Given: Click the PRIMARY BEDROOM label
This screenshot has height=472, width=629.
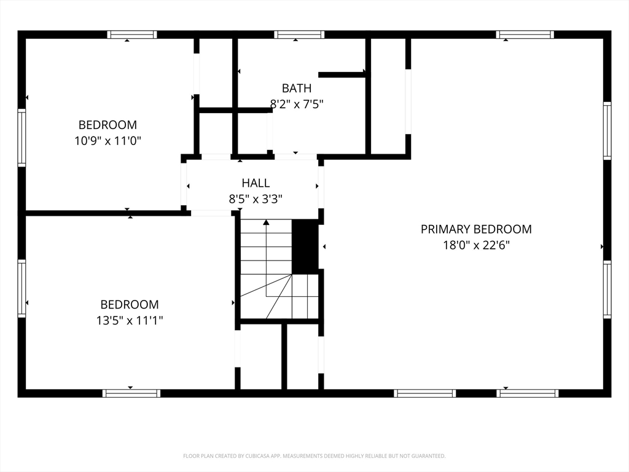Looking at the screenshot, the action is click(x=476, y=229).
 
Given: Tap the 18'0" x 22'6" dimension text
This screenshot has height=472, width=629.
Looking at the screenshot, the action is click(x=476, y=245).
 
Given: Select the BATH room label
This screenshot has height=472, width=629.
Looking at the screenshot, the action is click(x=297, y=88).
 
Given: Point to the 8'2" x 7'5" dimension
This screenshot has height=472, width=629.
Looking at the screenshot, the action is click(x=297, y=104).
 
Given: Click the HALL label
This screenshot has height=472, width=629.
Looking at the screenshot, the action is click(x=256, y=183).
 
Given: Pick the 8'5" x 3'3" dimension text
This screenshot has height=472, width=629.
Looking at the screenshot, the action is click(x=256, y=199).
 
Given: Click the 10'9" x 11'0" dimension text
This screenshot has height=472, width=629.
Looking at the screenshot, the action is click(x=108, y=141).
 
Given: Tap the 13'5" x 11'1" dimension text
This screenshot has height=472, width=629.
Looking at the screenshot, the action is click(x=130, y=320).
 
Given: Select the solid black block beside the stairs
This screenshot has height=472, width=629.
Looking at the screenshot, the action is click(x=305, y=246).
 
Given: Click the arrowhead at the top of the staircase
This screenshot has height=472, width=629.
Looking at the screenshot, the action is click(x=266, y=222).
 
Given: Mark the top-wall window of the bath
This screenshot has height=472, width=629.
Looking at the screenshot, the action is click(x=299, y=34).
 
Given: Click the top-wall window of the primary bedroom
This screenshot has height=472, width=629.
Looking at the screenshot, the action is click(x=525, y=34).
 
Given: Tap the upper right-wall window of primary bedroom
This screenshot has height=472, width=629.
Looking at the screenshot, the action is click(x=608, y=131).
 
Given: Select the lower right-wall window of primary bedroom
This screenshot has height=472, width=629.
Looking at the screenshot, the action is click(x=608, y=289).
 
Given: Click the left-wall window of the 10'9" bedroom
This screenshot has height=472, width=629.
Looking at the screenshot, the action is click(x=21, y=137).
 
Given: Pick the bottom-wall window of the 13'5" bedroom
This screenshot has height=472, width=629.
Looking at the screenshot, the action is click(x=131, y=393).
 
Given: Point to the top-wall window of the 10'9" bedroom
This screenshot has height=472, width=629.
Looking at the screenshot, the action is click(x=132, y=34).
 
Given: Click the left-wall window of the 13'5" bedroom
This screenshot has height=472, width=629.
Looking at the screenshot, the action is click(x=21, y=288).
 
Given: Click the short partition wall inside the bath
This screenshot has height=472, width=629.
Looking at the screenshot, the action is click(x=342, y=74).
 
